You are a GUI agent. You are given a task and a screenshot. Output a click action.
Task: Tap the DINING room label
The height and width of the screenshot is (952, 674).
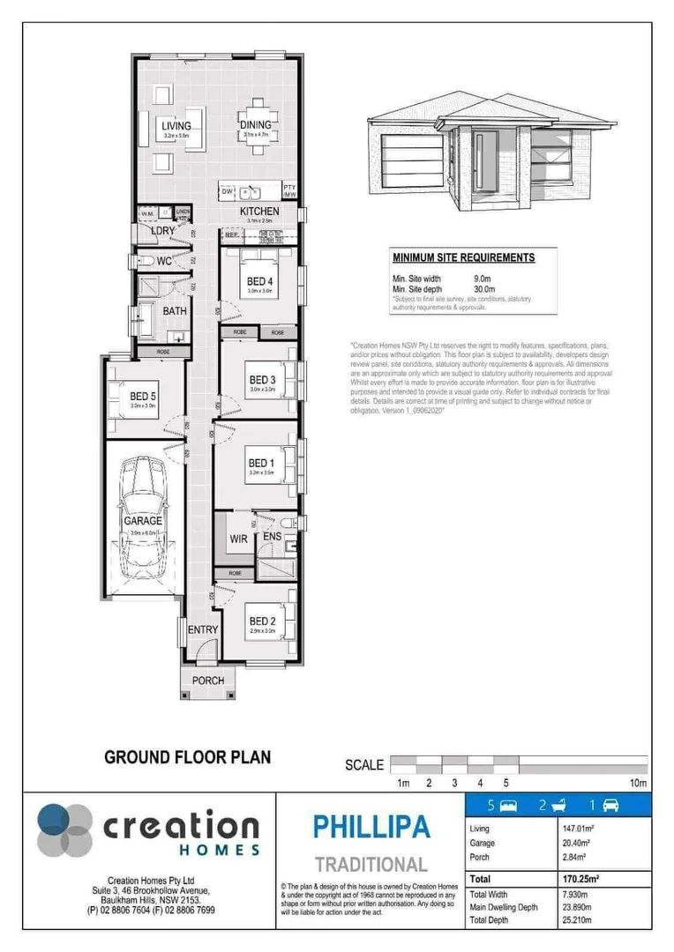(x=256, y=126)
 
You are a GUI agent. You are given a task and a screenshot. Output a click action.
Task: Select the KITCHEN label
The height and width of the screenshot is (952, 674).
(x=259, y=212)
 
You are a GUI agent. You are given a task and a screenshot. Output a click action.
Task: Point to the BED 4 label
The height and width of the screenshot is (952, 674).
(x=260, y=282)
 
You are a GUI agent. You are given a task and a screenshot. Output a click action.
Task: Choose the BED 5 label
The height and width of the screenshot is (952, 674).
(x=143, y=397)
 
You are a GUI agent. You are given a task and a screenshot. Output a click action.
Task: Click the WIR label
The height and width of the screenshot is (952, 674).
(x=238, y=538)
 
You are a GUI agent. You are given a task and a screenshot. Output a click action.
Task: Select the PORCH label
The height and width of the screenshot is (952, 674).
(x=208, y=681)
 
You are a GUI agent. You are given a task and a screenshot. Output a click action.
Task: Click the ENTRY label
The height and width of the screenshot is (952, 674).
(x=202, y=629)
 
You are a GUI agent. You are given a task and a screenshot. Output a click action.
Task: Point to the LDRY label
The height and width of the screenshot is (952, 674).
(x=163, y=231)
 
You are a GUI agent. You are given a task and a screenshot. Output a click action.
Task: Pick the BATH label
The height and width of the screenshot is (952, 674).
(x=174, y=311)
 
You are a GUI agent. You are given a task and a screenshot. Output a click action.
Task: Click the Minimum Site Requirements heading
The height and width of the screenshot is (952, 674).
(x=463, y=258)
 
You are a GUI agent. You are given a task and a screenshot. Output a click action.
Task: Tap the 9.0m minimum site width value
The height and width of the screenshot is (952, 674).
(x=483, y=279)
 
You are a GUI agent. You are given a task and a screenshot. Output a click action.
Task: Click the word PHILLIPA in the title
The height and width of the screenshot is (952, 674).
(x=371, y=827)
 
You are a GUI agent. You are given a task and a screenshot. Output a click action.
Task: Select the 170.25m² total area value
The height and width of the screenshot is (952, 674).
(x=580, y=880)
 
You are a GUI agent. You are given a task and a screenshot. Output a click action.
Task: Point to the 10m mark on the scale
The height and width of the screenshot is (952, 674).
(x=639, y=783)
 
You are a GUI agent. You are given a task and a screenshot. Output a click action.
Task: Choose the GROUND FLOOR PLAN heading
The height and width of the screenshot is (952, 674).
(x=187, y=756)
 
